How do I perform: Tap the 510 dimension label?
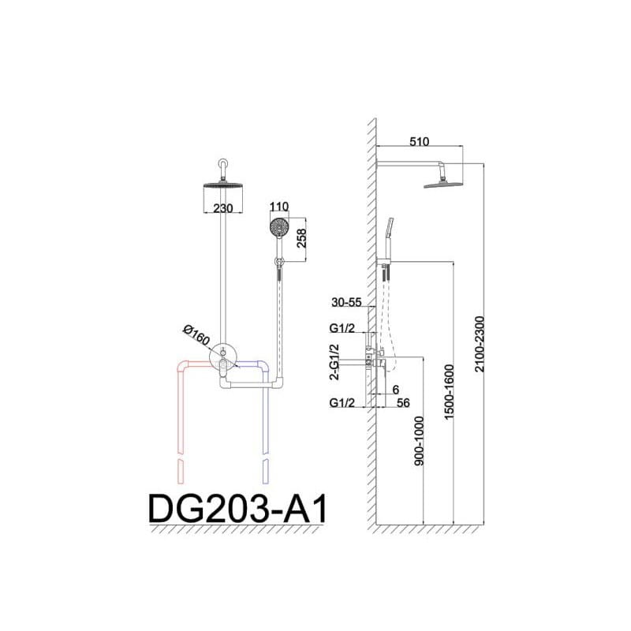(418, 141)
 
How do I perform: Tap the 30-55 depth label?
(346, 302)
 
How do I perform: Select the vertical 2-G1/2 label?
(334, 364)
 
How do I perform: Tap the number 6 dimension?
(395, 389)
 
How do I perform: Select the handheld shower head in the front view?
(279, 230)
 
